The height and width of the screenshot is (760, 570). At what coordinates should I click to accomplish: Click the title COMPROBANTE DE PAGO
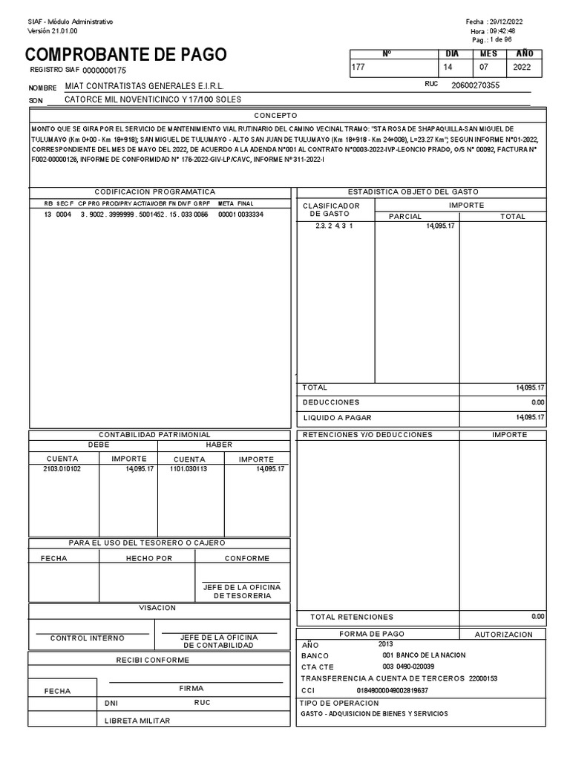[x=126, y=55]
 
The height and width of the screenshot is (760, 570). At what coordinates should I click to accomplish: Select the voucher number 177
[x=359, y=67]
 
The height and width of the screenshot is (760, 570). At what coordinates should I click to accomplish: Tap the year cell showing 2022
[x=522, y=67]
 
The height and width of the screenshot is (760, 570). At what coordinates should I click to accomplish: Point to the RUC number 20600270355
[x=475, y=85]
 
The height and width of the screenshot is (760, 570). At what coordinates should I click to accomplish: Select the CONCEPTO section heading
[x=275, y=116]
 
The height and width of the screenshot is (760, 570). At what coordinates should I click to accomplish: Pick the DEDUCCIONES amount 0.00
[x=537, y=402]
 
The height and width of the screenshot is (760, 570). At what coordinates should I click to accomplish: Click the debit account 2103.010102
[x=62, y=469]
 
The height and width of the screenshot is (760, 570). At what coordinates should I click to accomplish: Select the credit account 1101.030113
[x=189, y=469]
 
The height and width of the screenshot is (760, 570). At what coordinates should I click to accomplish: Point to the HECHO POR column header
[x=148, y=558]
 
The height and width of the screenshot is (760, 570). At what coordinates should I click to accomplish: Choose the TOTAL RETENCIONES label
[x=352, y=617]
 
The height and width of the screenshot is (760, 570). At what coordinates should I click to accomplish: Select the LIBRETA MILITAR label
[x=137, y=721]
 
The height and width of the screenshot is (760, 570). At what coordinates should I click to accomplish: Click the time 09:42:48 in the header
[x=502, y=31]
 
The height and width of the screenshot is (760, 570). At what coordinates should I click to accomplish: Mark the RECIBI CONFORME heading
[x=152, y=660]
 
